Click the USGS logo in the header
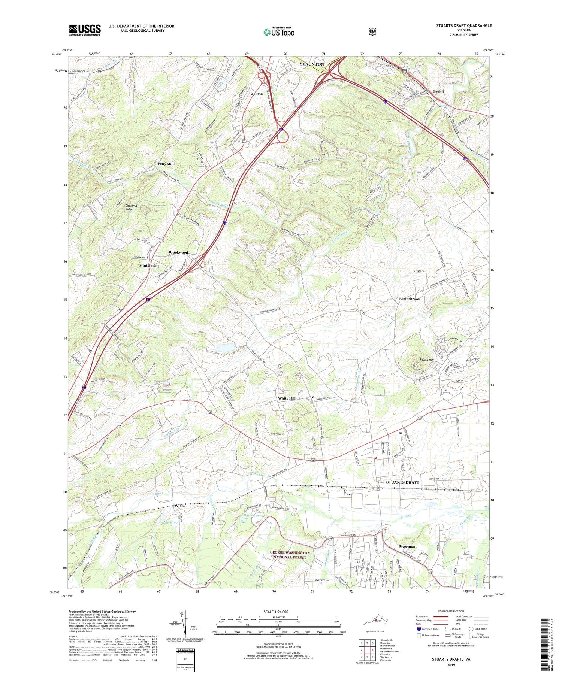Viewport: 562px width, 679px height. [x=85, y=30]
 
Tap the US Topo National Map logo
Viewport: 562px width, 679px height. [x=279, y=31]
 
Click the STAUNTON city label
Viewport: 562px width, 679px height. [x=312, y=64]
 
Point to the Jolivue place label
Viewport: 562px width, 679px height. [x=257, y=94]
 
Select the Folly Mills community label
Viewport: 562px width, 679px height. [x=166, y=164]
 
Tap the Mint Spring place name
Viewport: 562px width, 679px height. [x=149, y=266]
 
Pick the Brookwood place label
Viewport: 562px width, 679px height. [x=178, y=252]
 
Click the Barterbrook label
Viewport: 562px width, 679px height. [x=409, y=299]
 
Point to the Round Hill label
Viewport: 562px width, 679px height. [x=426, y=360]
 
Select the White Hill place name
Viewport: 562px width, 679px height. [x=287, y=398]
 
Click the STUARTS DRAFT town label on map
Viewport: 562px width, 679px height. [x=402, y=482]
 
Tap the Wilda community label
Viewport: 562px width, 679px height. [x=180, y=506]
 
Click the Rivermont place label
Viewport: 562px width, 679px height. [x=407, y=546]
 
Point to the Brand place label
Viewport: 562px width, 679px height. [x=438, y=91]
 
